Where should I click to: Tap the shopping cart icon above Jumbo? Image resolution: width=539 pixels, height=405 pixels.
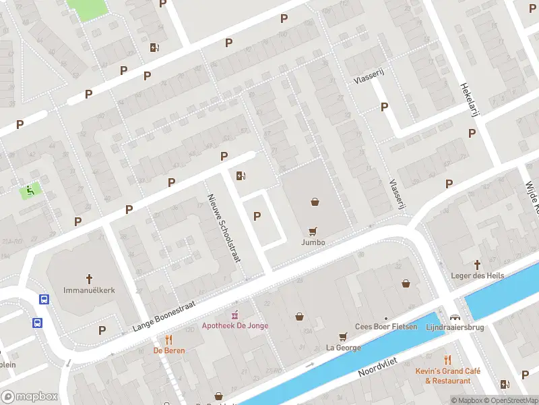[313, 231]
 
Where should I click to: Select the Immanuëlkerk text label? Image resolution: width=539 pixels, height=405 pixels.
[89, 290]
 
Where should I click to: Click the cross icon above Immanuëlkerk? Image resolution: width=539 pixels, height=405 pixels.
[88, 278]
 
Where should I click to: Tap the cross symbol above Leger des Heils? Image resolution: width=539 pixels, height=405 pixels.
[478, 265]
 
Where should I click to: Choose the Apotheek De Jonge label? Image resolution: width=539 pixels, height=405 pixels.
[235, 325]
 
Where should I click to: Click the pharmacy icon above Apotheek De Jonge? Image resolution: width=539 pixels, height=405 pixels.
[235, 315]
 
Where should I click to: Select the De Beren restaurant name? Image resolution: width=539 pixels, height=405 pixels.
[169, 350]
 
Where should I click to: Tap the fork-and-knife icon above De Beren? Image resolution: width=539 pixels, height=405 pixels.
[169, 340]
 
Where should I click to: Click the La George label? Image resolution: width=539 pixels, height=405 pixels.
[343, 348]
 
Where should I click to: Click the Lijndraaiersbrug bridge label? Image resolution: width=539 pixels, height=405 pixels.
[455, 327]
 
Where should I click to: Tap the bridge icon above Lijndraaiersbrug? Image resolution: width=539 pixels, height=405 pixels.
[455, 317]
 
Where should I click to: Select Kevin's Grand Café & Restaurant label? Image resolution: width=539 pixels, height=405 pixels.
[447, 376]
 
